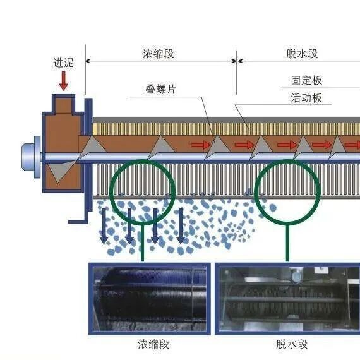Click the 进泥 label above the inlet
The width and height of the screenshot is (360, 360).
pos(63,63)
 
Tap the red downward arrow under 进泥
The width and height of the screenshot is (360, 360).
pos(64,81)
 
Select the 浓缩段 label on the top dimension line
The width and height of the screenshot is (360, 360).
pos(158,54)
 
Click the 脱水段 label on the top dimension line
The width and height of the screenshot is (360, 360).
pos(302,54)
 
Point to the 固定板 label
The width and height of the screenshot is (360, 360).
pos(306,80)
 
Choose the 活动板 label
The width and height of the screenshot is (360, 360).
pos(306,98)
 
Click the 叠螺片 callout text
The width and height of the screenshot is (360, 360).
pos(160,89)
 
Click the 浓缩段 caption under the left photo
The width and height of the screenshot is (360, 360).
pos(153,344)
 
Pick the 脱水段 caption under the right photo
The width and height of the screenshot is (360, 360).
pos(292,344)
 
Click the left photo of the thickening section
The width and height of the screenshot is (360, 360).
pos(150,299)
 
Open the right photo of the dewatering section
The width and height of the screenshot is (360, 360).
pos(287,299)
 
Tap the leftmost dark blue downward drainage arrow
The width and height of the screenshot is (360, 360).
pos(104,226)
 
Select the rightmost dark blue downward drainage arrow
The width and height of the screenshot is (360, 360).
pos(181,226)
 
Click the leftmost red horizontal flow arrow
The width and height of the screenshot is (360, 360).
pos(200,145)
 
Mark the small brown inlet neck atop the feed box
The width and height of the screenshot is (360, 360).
pos(64,104)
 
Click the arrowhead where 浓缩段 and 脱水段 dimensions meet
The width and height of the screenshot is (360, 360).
pos(236,61)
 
